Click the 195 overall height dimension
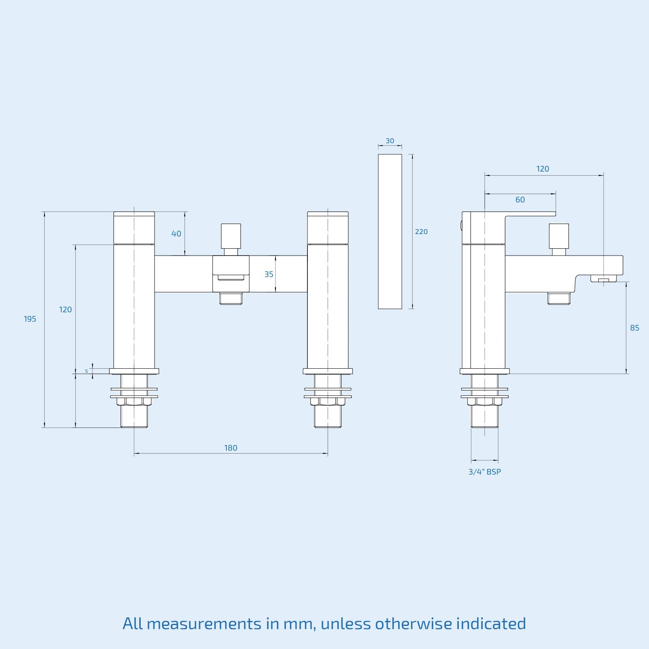(30, 319)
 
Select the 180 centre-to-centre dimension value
(231, 448)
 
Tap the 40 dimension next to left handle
(176, 234)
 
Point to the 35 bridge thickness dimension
(269, 275)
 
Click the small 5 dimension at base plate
(86, 371)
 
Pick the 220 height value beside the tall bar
(421, 232)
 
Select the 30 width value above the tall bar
(390, 141)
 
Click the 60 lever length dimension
(520, 200)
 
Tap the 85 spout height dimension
(634, 328)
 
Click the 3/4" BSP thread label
(485, 472)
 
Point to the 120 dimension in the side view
(543, 169)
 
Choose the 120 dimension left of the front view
(65, 309)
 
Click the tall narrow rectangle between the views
(390, 231)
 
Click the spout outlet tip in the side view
(604, 279)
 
